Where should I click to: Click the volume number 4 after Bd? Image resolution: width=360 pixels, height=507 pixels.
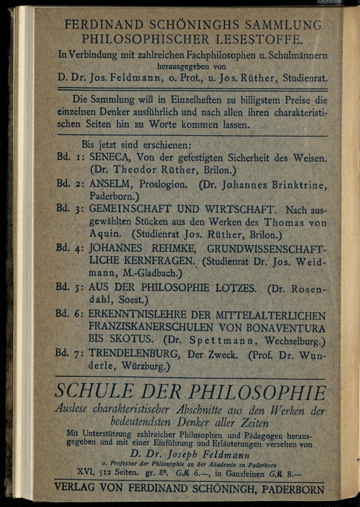(78, 248)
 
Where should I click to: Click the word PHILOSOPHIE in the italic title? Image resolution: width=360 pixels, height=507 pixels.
(257, 393)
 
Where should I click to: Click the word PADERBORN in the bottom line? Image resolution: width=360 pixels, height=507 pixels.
(293, 489)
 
